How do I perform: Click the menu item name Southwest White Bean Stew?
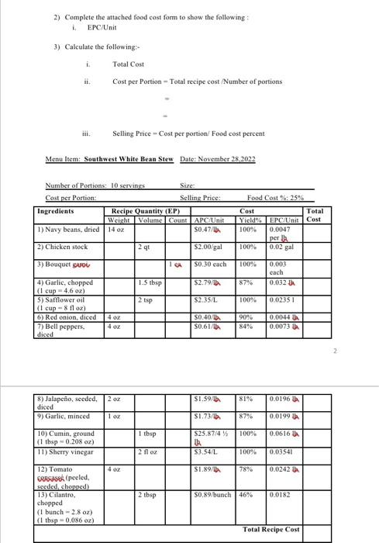tap(128, 158)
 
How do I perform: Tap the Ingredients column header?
tap(56, 210)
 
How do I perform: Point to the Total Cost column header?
tap(315, 215)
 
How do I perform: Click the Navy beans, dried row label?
tap(68, 229)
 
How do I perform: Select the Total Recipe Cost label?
tap(270, 529)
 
